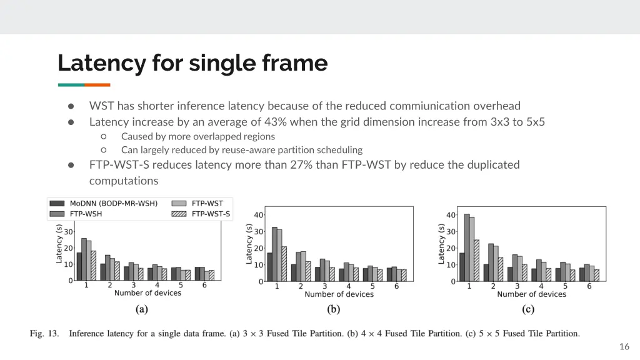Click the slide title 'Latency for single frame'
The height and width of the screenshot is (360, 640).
(x=192, y=63)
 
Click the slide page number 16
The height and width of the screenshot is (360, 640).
(x=624, y=347)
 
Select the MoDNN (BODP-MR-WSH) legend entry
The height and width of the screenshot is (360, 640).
(x=113, y=203)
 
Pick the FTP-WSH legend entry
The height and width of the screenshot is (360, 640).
(x=86, y=214)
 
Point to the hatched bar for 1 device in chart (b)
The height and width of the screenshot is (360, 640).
(x=283, y=264)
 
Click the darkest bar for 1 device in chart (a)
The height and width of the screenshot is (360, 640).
(x=79, y=266)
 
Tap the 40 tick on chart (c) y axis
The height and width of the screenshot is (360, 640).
(x=451, y=215)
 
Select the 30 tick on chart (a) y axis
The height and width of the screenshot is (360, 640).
(x=68, y=232)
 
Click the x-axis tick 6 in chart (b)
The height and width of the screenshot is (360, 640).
(x=396, y=286)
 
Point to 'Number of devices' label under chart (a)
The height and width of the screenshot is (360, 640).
(x=147, y=292)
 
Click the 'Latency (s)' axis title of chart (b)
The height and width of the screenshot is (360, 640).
(x=249, y=244)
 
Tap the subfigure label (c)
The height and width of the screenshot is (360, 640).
(x=529, y=309)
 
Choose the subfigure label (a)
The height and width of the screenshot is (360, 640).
(x=142, y=309)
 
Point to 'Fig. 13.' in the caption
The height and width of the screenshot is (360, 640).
(x=44, y=333)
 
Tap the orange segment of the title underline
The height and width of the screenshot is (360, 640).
(x=97, y=85)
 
